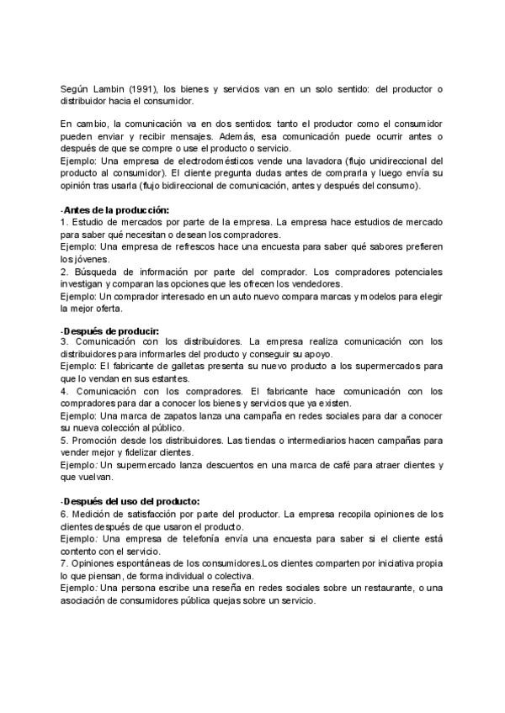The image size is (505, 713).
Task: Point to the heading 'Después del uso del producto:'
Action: tap(130, 501)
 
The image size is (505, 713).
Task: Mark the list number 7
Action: tap(64, 562)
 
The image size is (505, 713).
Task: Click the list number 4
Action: tap(64, 391)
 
